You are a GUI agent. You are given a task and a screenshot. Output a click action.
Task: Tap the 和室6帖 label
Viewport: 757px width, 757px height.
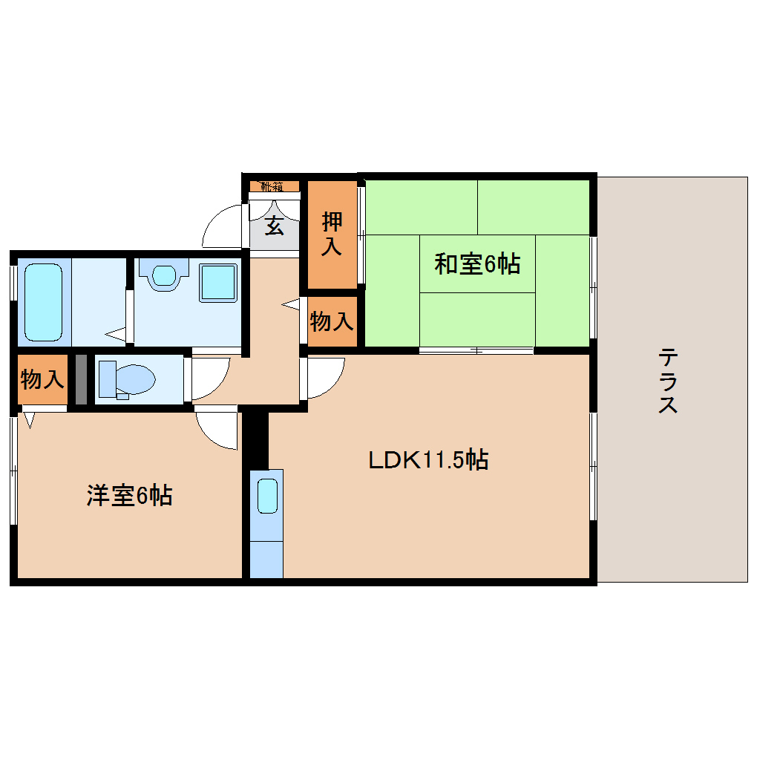[x=476, y=263]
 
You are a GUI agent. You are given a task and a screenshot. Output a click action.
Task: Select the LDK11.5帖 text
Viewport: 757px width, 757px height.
[x=428, y=460]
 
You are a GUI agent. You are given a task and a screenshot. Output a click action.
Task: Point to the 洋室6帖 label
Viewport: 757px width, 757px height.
[x=130, y=495]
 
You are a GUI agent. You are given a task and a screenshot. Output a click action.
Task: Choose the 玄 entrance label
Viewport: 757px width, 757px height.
[x=275, y=225]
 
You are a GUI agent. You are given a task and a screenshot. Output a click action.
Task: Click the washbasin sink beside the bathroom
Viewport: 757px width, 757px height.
[x=165, y=274]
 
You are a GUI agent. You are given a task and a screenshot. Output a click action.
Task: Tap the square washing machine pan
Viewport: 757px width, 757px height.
[x=219, y=282]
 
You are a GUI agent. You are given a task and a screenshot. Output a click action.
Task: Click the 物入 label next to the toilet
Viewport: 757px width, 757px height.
[x=42, y=379]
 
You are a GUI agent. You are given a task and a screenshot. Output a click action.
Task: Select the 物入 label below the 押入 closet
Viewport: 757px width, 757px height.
[x=332, y=322]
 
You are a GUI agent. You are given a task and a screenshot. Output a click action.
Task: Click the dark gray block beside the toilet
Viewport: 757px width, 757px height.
[x=81, y=379]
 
